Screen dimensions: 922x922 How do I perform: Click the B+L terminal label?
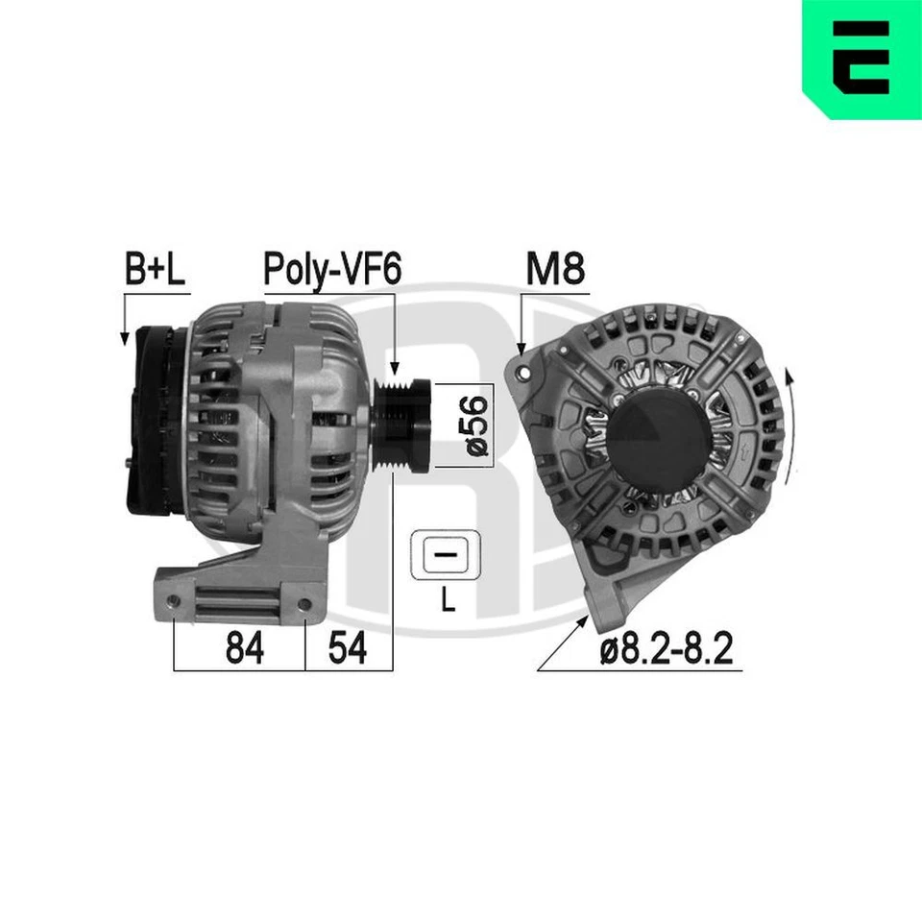[x=156, y=271]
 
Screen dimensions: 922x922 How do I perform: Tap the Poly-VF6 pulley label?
[x=331, y=271]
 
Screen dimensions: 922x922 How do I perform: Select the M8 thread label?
[x=555, y=271]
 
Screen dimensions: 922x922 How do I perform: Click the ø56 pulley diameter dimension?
[x=477, y=425]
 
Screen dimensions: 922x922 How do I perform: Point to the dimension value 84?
[x=245, y=650]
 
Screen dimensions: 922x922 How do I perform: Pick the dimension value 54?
[x=347, y=650]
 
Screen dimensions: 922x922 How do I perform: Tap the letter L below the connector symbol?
[x=447, y=602]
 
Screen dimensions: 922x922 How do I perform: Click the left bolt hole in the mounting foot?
[x=173, y=602]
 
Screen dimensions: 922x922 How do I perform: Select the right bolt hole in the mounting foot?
[x=304, y=605]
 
